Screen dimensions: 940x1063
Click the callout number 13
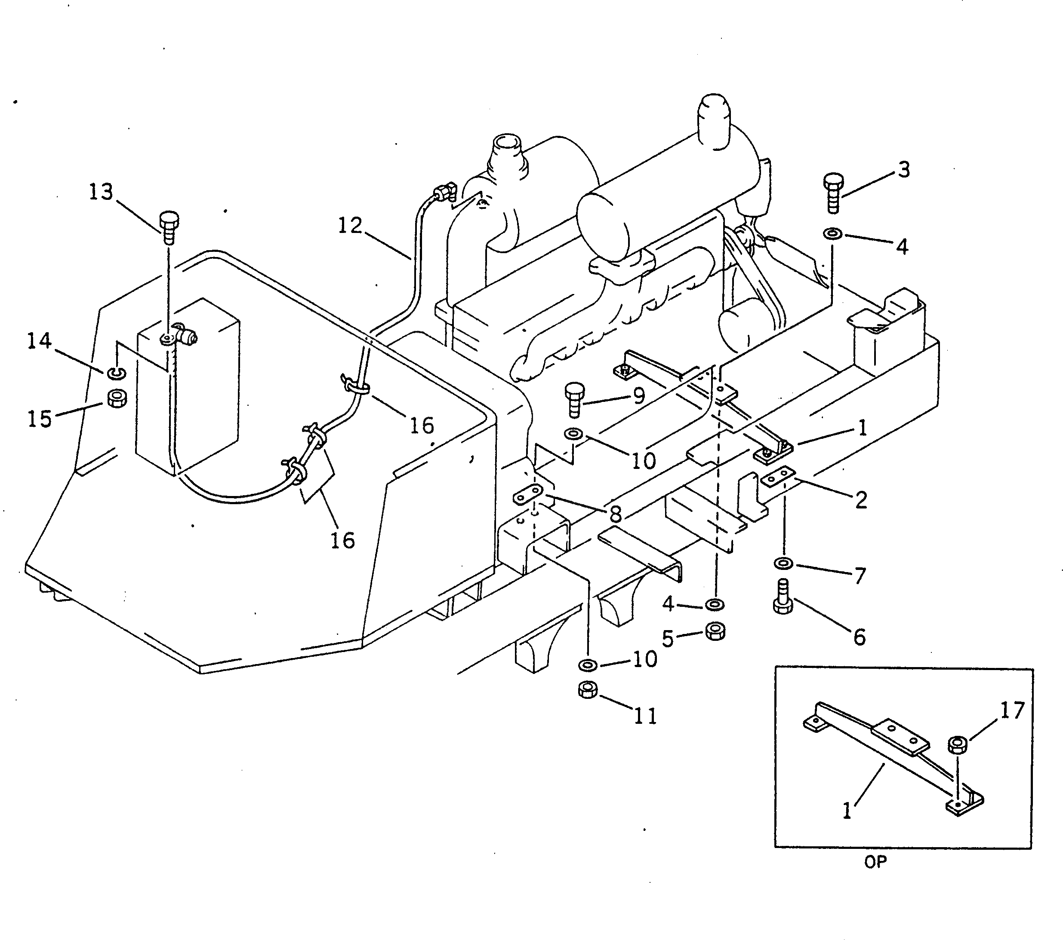(x=101, y=192)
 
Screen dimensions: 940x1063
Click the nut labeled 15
(x=117, y=398)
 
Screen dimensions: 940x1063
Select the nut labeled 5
(x=715, y=631)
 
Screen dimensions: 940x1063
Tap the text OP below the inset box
(x=875, y=862)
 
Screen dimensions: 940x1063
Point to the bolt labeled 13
(x=169, y=227)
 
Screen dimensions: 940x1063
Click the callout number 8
(x=616, y=514)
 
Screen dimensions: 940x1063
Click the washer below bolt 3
(x=833, y=233)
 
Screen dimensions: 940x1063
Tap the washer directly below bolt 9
(x=573, y=432)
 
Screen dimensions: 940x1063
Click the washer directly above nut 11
(x=588, y=664)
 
